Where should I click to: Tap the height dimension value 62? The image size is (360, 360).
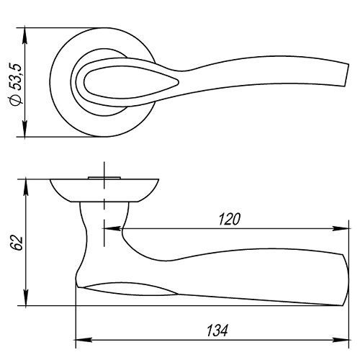(19, 243)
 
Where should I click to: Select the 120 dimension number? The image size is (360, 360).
(229, 219)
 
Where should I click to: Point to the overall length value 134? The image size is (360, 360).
(217, 330)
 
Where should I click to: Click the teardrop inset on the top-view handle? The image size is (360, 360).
(131, 82)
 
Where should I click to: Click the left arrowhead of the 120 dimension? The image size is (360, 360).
(112, 228)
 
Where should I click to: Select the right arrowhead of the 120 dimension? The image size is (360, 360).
(340, 228)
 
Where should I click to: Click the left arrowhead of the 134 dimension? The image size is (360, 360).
(84, 340)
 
